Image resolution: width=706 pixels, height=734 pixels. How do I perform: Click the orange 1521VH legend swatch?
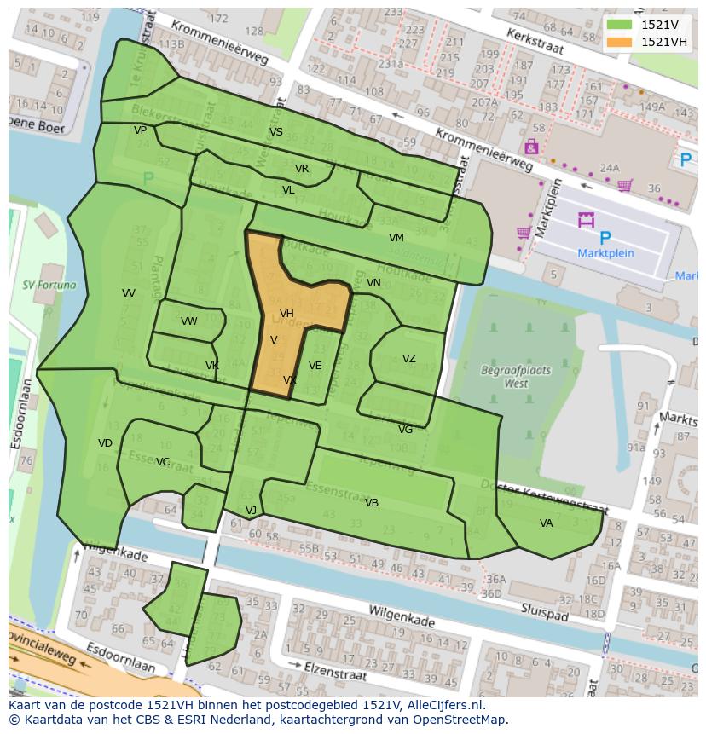621,42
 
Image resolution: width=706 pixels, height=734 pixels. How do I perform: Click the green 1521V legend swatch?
621,25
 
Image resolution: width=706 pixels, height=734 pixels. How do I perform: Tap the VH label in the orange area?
286,314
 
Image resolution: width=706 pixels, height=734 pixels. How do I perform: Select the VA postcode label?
546,523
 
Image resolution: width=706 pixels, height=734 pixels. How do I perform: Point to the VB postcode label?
372,503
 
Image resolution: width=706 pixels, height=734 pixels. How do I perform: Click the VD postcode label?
105,443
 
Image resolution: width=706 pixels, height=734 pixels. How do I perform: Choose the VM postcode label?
396,238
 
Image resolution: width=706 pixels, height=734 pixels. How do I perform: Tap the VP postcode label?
140,130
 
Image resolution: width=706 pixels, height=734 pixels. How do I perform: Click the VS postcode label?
275,132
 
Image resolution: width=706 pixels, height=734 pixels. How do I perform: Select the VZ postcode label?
409,359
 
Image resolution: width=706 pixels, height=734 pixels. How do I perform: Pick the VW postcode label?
188,321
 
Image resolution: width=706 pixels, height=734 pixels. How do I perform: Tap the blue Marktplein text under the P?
605,253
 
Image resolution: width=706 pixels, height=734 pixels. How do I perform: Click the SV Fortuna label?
49,286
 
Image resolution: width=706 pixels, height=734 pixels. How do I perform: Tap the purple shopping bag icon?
531,147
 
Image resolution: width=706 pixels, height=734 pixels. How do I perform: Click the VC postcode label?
163,462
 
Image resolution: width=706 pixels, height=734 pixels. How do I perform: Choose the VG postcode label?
405,430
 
